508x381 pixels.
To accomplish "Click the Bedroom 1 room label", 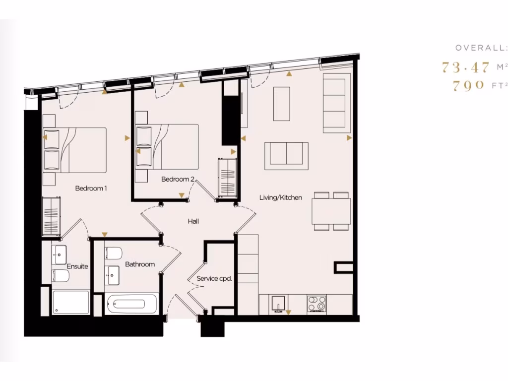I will [91, 189].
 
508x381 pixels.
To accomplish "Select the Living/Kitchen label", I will [280, 197].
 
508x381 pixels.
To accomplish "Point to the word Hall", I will [193, 221].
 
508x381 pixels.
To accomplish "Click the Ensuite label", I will [77, 266].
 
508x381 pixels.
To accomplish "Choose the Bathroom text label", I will [140, 264].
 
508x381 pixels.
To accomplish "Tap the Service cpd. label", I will [214, 279].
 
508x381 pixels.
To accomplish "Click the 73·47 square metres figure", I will [466, 67].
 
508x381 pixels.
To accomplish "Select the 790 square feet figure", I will [469, 85].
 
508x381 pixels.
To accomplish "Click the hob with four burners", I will [317, 304].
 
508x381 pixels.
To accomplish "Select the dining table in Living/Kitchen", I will [331, 211].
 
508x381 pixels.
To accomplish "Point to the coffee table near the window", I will [281, 104].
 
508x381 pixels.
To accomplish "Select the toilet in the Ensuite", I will [61, 276].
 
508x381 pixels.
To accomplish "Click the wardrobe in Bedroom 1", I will [52, 217].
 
